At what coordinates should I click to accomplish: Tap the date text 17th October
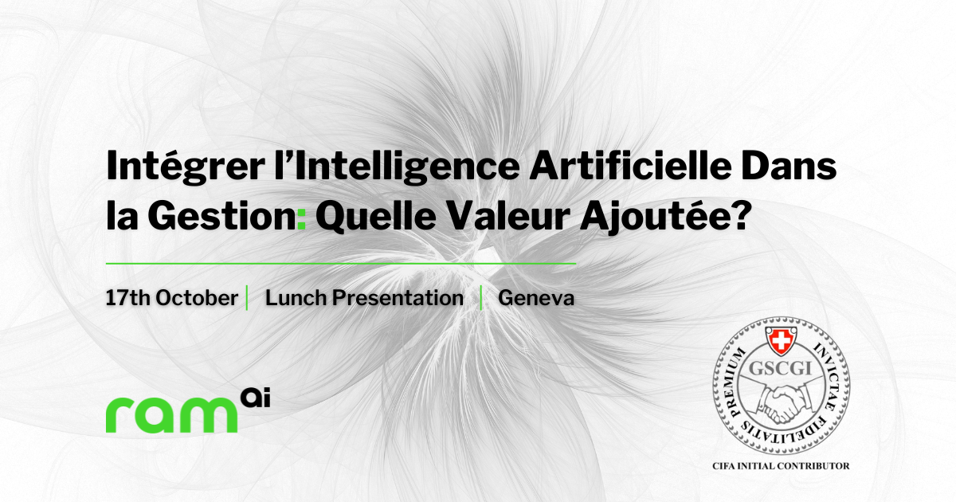172,298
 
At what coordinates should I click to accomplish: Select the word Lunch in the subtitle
295,298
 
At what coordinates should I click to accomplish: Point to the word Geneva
536,298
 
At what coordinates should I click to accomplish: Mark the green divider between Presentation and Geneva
481,298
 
